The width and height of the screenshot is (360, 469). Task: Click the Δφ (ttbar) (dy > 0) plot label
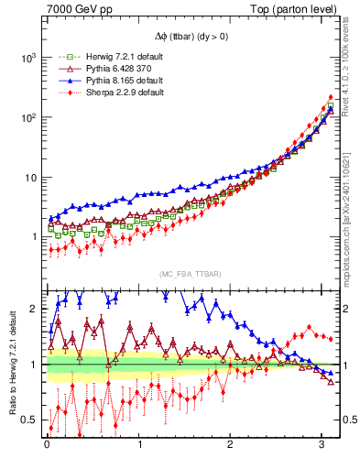(191, 38)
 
